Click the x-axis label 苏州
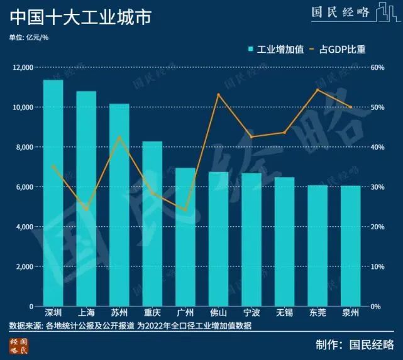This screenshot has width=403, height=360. (x=119, y=313)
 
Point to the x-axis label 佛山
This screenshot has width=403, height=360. (x=218, y=313)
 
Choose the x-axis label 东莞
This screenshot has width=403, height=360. (x=317, y=313)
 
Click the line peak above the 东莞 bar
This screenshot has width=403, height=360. (x=317, y=89)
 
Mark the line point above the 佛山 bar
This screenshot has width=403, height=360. (x=218, y=94)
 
